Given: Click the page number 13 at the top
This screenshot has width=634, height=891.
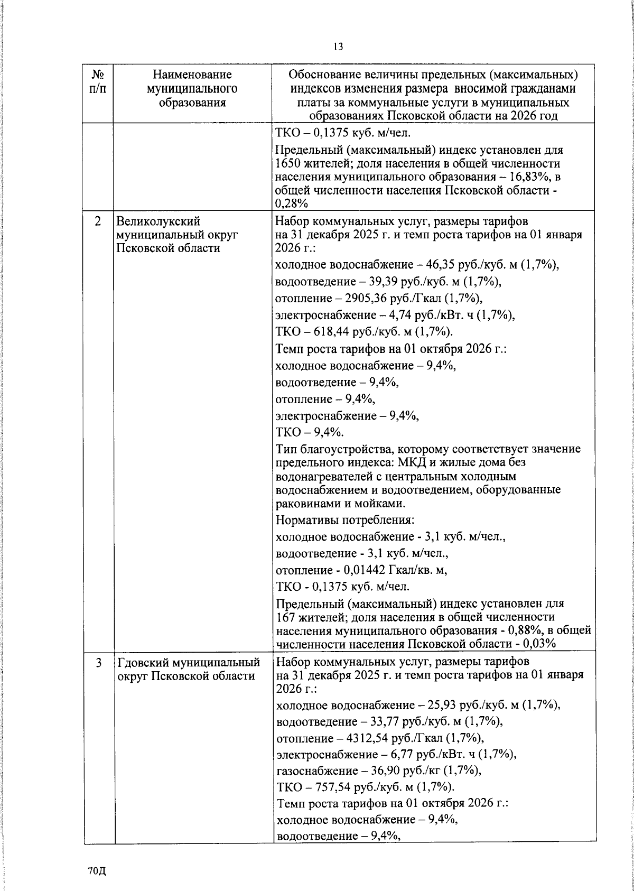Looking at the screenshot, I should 338,47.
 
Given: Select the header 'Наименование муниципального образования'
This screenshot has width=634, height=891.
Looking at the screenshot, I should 192,88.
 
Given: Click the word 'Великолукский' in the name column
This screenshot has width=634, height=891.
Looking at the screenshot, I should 157,221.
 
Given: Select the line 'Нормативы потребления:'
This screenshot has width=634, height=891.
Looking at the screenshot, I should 345,520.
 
